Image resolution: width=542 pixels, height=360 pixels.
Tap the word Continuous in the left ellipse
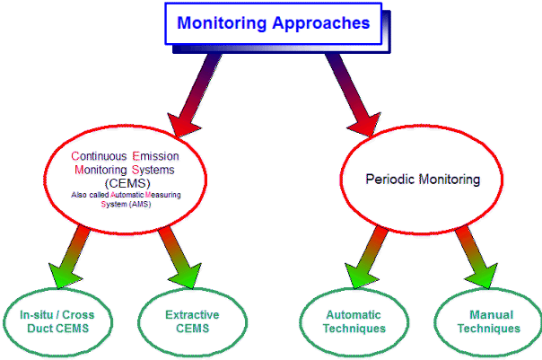pyautogui.click(x=99, y=156)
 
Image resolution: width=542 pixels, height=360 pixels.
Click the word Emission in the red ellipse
pyautogui.click(x=155, y=156)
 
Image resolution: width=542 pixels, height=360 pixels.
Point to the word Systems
pyautogui.click(x=153, y=170)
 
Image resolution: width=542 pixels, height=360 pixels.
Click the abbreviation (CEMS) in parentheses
pyautogui.click(x=127, y=183)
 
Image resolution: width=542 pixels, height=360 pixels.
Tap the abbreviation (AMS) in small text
pyautogui.click(x=140, y=205)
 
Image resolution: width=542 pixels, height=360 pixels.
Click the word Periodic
pyautogui.click(x=390, y=180)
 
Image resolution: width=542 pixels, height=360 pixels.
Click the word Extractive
pyautogui.click(x=192, y=315)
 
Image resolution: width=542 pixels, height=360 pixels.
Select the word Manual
pyautogui.click(x=491, y=315)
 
